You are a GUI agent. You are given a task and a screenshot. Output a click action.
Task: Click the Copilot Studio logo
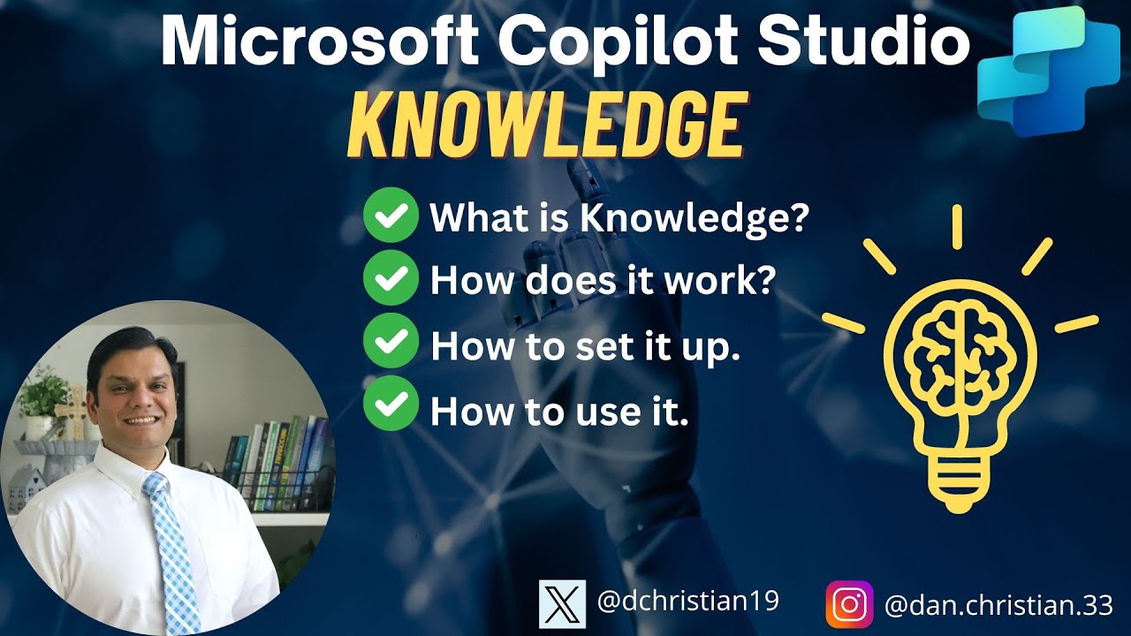point(1042,71)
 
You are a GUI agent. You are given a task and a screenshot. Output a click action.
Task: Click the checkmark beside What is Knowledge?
point(390,216)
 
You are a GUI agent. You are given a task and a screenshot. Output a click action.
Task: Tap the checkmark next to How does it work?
point(390,280)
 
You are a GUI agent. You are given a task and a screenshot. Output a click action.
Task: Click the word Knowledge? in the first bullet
point(694,217)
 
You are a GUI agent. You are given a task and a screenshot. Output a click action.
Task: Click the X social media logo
point(562,604)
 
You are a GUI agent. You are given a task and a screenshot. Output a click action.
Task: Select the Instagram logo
point(849,604)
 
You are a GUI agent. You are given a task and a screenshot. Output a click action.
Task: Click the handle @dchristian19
point(687,602)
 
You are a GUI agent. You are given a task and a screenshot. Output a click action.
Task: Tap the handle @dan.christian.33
point(998,605)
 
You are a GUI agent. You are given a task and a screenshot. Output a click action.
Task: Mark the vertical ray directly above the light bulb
point(957,227)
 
